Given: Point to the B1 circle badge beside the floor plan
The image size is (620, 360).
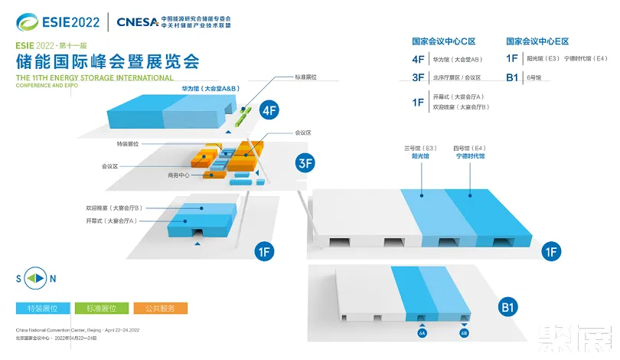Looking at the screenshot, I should point(509,308).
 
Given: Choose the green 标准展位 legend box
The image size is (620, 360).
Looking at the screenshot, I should point(101,308).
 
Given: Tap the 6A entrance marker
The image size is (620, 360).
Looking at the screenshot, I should point(422,333).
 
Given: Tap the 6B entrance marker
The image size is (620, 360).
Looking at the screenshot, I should point(464,333).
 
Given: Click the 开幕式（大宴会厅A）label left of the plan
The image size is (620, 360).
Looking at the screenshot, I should point(116,221).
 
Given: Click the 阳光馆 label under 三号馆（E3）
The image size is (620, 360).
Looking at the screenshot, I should point(420,156).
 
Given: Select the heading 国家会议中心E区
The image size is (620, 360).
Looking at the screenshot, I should point(537,41).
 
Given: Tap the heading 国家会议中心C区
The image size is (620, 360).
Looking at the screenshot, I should point(443,41).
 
